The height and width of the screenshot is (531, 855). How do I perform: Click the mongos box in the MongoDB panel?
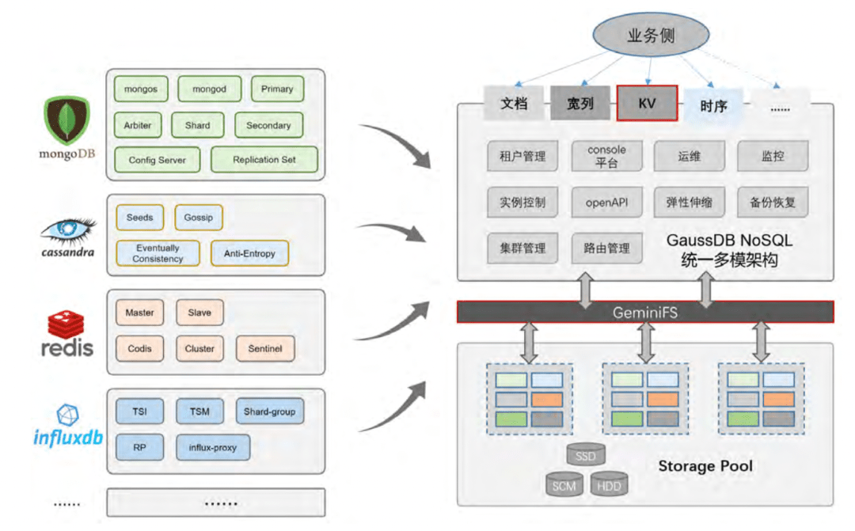[141, 89]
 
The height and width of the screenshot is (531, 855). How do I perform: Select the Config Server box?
[157, 160]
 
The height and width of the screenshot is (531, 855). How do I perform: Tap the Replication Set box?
[264, 160]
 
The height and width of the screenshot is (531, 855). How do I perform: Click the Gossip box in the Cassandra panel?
[198, 218]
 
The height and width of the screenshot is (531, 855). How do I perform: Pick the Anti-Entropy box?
[249, 253]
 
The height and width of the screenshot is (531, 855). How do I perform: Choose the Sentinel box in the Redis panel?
[264, 348]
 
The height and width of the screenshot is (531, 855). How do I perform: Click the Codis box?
[139, 348]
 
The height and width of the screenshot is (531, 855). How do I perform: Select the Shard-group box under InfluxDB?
[269, 412]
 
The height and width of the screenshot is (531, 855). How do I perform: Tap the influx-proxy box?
[213, 448]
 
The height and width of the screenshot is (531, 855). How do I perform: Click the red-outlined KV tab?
[647, 103]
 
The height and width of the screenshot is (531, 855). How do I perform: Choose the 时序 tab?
[713, 104]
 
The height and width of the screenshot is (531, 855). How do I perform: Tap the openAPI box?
[606, 202]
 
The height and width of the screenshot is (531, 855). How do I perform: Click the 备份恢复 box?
[773, 202]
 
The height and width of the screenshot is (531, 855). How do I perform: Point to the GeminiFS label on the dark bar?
[644, 313]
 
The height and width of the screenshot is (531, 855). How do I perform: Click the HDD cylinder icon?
[609, 485]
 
